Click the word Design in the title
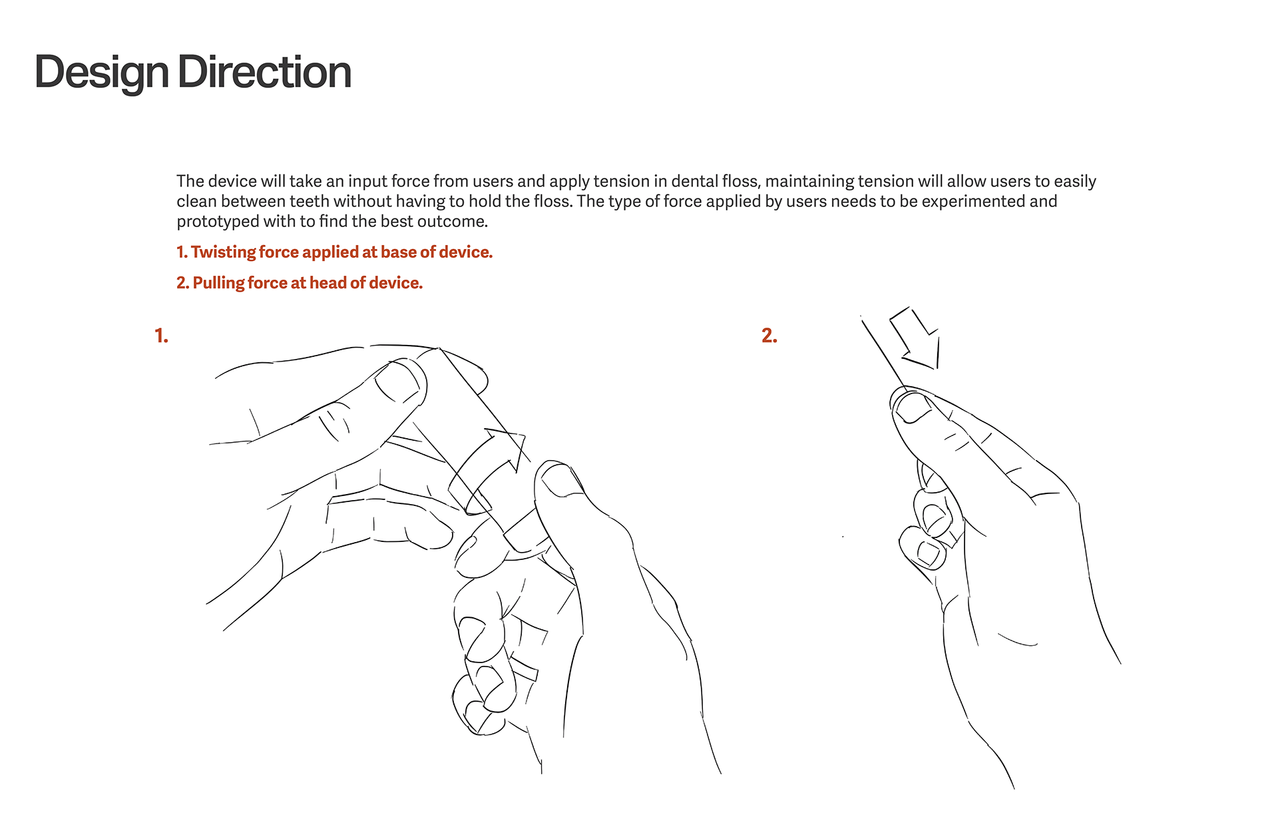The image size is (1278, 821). click(x=102, y=73)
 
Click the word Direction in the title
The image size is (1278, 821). click(x=264, y=72)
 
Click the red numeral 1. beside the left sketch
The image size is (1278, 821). click(x=161, y=336)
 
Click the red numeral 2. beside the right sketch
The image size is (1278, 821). click(x=769, y=336)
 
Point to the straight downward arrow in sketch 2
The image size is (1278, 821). click(x=915, y=338)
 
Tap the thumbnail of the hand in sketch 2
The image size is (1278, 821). click(x=914, y=408)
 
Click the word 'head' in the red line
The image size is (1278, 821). click(x=328, y=283)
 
